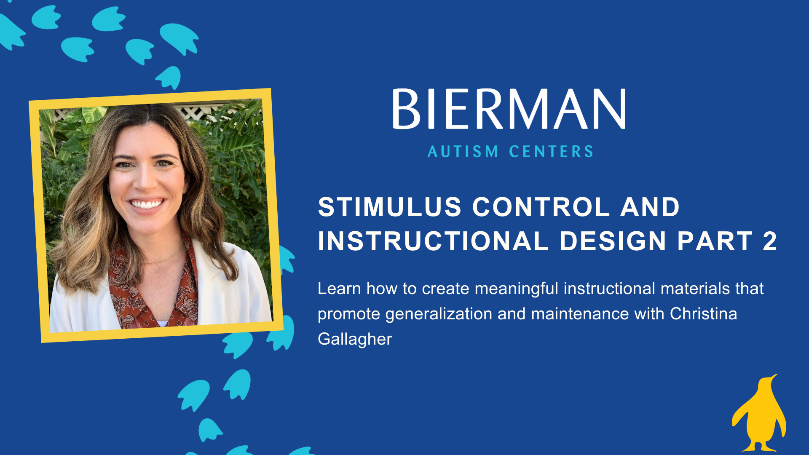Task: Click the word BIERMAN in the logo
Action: coord(509,109)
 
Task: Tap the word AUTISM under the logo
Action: coord(463,152)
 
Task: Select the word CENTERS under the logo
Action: coord(551,152)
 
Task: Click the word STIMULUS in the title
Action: coord(390,207)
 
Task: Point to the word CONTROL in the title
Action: coord(541,207)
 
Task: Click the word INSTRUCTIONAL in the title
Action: coord(433,241)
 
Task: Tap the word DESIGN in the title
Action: coord(613,241)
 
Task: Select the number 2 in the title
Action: coord(769,241)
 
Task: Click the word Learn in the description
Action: coord(339,289)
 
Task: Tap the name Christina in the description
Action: coord(703,314)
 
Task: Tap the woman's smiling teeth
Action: coord(146,204)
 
